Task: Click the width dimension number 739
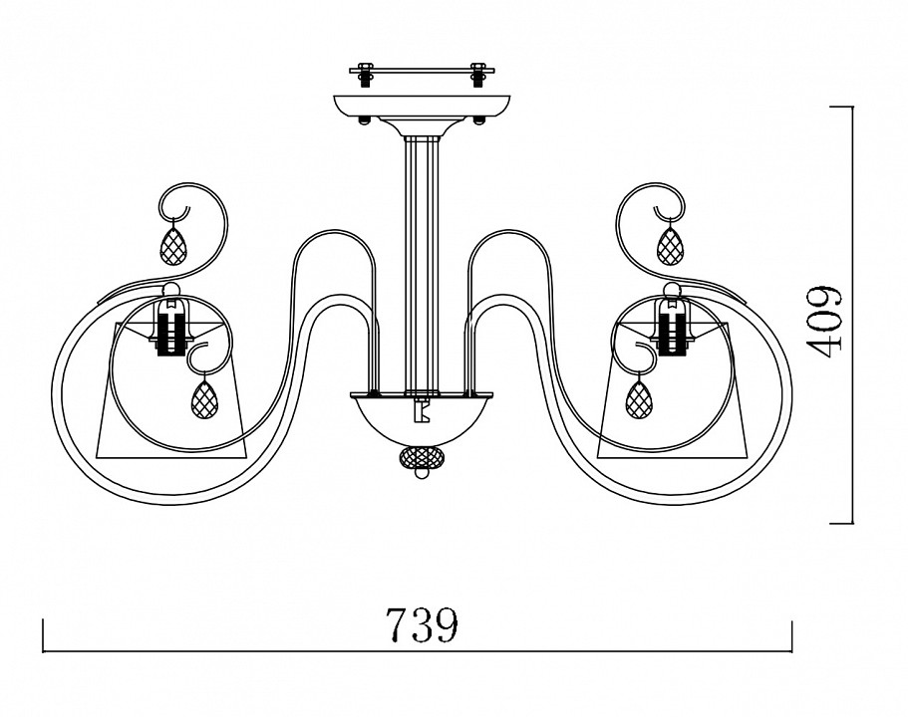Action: click(423, 625)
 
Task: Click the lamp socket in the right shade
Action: click(672, 327)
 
